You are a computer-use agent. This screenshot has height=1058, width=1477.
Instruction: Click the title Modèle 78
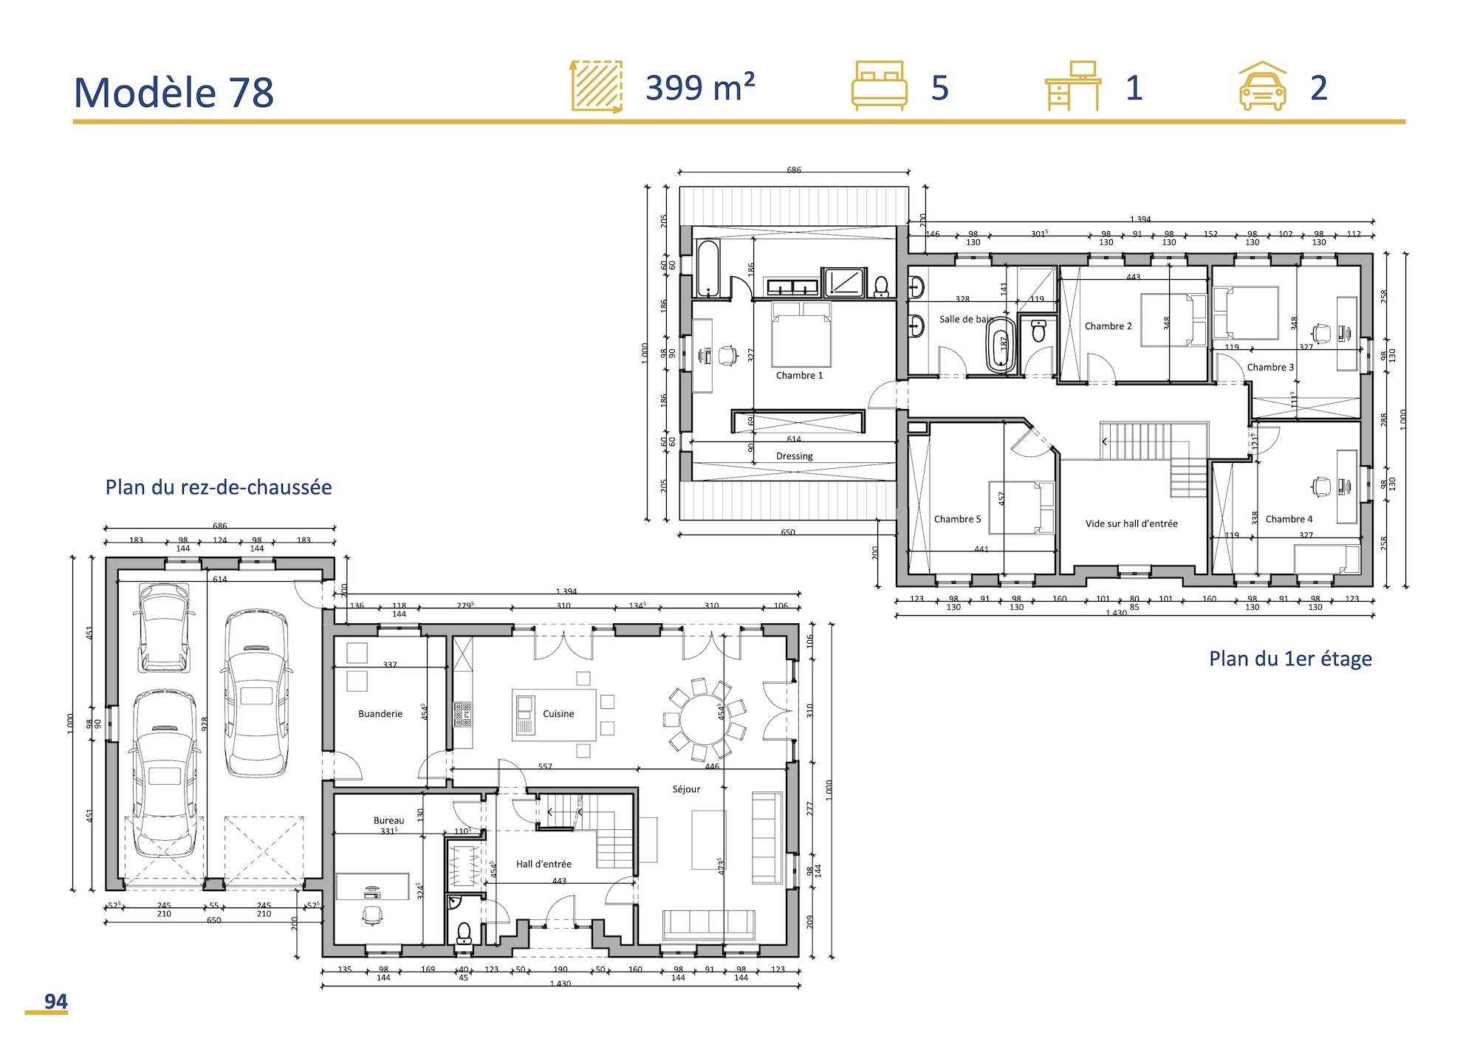[174, 93]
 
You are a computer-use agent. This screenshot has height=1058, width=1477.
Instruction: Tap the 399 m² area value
[699, 89]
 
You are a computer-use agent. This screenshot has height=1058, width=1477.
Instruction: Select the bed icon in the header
[879, 86]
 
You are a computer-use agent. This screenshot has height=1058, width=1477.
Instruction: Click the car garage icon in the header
[1262, 86]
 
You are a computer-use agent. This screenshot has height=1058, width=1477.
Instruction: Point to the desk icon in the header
[1073, 86]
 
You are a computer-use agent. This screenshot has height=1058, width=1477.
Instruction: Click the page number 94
[55, 1001]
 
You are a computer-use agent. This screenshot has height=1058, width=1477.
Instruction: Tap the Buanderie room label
[380, 714]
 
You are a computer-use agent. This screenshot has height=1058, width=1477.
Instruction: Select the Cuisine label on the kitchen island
[558, 714]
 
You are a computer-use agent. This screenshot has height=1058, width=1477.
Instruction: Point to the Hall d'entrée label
[544, 864]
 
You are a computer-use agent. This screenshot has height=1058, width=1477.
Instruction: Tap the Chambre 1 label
[799, 375]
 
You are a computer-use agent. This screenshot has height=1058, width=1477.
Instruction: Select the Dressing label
[795, 456]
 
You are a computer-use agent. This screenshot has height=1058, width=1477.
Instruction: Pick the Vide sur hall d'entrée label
[1131, 523]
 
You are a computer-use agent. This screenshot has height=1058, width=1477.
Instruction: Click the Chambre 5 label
[957, 519]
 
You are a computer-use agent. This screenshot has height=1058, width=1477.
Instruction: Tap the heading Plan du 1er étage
[1290, 659]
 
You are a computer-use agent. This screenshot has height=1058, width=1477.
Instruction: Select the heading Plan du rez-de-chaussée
[219, 487]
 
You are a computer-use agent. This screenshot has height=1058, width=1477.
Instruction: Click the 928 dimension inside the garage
[205, 724]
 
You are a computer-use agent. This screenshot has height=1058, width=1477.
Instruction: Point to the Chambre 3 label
[1270, 367]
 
